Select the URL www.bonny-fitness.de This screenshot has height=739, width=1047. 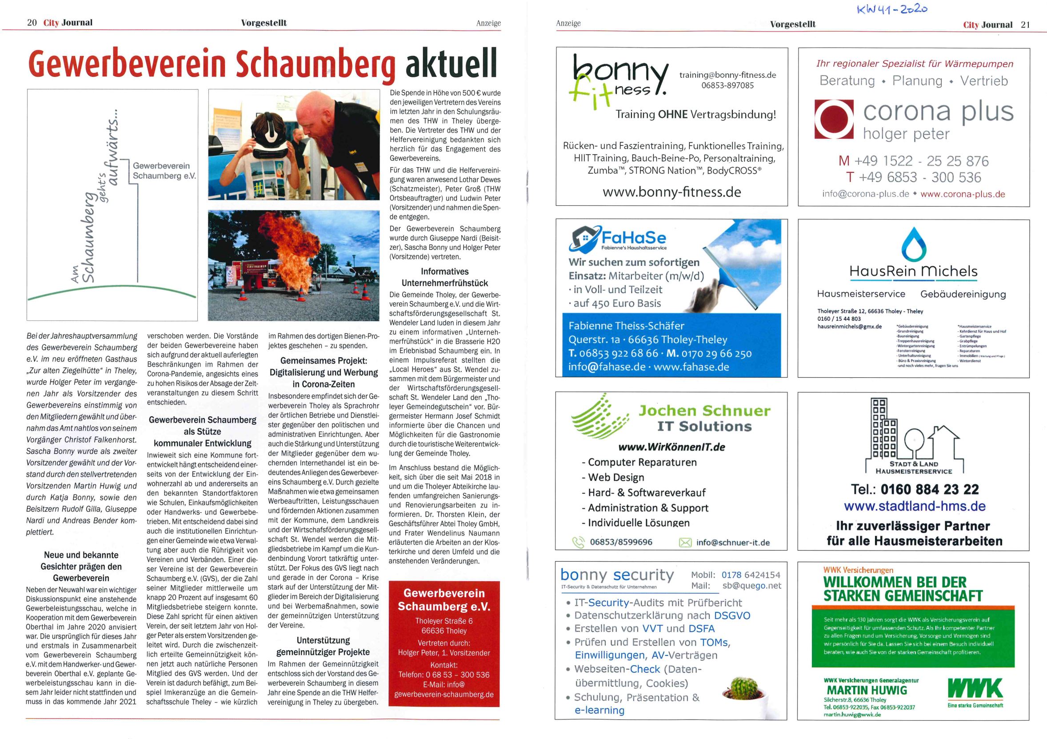[671, 192]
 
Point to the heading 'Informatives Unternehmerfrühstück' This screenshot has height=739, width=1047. [444, 277]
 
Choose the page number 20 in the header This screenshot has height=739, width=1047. [32, 23]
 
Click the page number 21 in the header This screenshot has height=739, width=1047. [1025, 24]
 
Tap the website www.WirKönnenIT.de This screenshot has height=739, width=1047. [671, 447]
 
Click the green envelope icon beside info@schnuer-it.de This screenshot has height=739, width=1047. [685, 542]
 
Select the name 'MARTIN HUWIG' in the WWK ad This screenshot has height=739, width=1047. [867, 690]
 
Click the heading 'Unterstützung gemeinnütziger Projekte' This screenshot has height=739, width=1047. [324, 646]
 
